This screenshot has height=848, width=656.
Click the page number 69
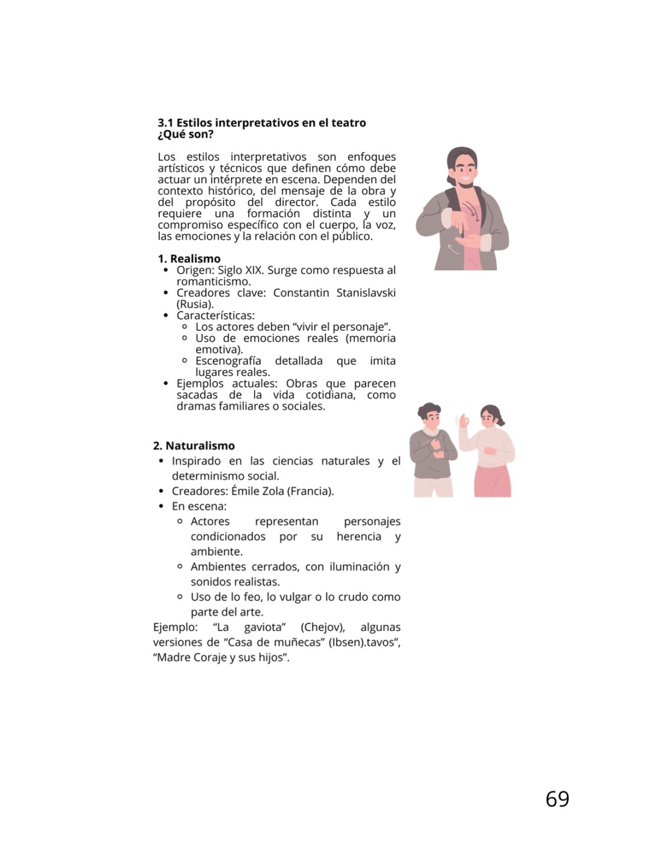[557, 799]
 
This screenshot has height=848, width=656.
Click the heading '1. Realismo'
[189, 259]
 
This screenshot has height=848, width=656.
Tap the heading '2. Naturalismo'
[193, 446]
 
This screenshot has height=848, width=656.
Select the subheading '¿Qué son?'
[185, 134]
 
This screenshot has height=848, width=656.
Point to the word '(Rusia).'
[195, 304]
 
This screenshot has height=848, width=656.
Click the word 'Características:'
[215, 316]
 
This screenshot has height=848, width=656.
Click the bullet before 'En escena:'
[161, 506]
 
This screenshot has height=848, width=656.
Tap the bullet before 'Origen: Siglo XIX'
[166, 270]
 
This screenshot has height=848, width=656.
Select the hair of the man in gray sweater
[428, 409]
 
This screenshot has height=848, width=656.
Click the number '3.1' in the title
[166, 123]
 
